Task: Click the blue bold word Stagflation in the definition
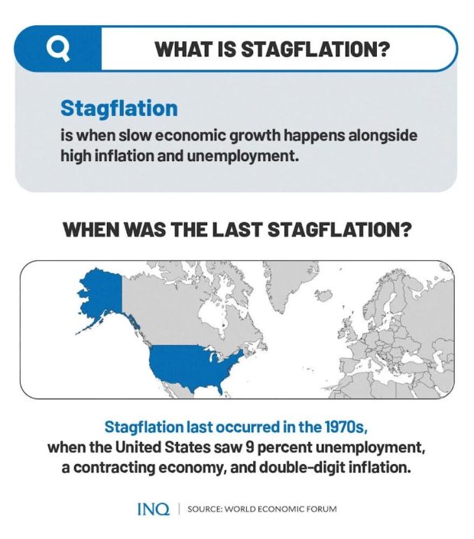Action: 118,108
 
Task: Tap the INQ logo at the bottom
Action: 152,508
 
